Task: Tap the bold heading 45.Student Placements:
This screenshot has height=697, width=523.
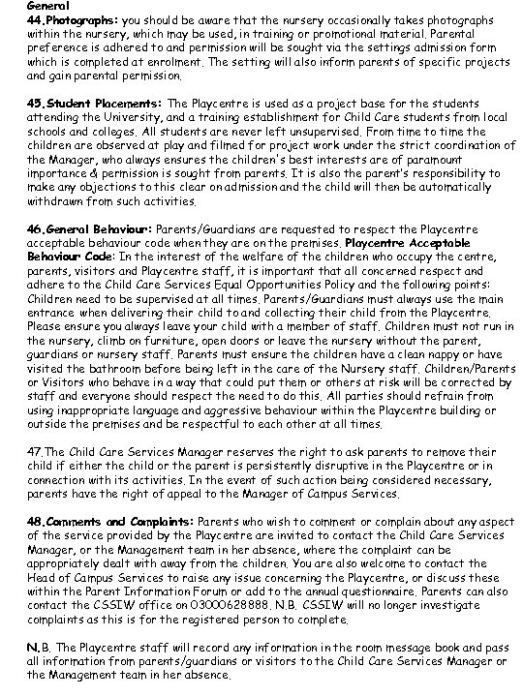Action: pyautogui.click(x=82, y=102)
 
